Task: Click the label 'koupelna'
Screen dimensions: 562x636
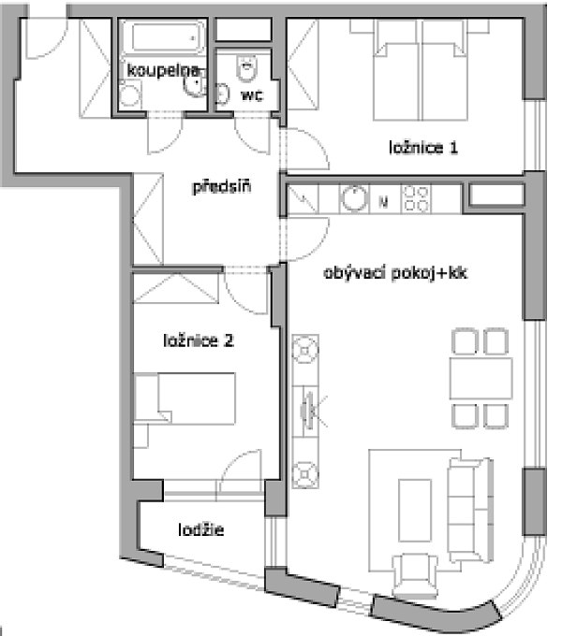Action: (163, 70)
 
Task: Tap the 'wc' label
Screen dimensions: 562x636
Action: (252, 95)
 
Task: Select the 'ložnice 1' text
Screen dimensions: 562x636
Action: (423, 147)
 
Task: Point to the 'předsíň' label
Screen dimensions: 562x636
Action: (221, 186)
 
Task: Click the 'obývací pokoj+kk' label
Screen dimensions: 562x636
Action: (395, 272)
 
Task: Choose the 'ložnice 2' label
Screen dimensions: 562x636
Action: (199, 340)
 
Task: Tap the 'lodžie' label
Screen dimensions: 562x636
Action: (201, 529)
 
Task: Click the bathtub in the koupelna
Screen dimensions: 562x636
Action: (163, 37)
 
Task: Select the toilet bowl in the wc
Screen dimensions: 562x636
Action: (246, 69)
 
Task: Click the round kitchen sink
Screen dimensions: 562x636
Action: (354, 198)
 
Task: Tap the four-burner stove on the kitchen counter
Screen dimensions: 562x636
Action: (416, 198)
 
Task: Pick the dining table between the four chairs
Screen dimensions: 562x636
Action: (481, 378)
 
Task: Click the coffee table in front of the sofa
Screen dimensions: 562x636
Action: (415, 511)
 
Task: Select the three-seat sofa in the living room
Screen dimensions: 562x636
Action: (470, 510)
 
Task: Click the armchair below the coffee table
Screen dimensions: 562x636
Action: (415, 575)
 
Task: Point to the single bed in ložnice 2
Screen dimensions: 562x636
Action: (185, 398)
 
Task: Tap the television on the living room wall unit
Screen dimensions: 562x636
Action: (308, 411)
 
